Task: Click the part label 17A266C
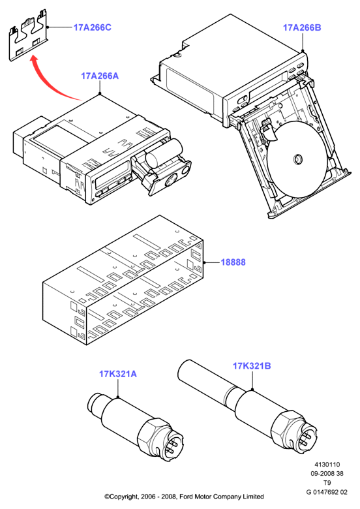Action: (92, 27)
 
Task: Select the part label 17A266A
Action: (100, 76)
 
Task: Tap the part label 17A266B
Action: (302, 27)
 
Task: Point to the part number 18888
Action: (233, 262)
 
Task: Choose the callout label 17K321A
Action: (118, 374)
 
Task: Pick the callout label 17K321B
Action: (252, 366)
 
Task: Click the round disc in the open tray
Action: (297, 159)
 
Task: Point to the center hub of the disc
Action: (297, 159)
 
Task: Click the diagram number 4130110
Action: (327, 465)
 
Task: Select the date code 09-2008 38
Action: (327, 474)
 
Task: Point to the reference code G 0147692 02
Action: (327, 492)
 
